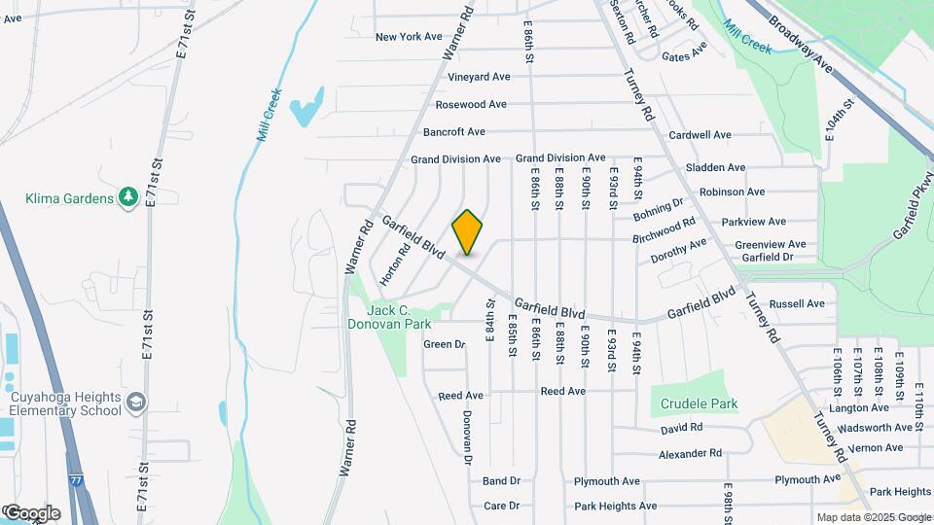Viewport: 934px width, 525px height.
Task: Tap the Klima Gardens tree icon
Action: pos(127,198)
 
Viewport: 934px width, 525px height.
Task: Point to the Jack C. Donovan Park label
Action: pos(389,317)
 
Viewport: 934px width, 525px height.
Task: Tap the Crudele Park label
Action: pos(699,403)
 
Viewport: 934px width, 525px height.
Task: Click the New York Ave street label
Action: pos(409,37)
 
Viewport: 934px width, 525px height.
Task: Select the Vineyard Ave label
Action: pos(479,77)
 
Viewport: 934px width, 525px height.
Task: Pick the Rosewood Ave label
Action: pos(471,104)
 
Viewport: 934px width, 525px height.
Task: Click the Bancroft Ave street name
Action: pos(453,131)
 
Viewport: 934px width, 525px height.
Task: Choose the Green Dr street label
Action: pos(445,344)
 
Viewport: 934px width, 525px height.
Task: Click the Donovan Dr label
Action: pos(467,436)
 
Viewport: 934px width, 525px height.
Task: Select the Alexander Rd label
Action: pos(690,453)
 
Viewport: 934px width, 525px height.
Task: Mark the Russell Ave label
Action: pos(796,303)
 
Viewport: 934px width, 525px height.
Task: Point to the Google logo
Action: pos(31,512)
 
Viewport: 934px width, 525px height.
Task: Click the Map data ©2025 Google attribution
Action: pos(874,517)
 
